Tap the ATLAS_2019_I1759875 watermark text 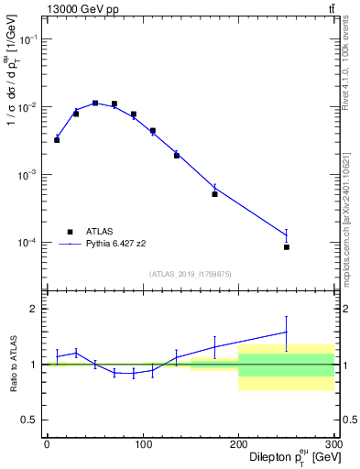coord(190,274)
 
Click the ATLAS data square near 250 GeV coord(287,247)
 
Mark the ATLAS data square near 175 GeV coord(214,194)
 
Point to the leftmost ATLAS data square coord(57,140)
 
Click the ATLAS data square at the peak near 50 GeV coord(95,104)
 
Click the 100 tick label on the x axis coord(143,444)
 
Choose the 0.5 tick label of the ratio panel coord(30,420)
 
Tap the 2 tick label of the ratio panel coord(35,309)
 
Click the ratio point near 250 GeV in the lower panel coord(287,332)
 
